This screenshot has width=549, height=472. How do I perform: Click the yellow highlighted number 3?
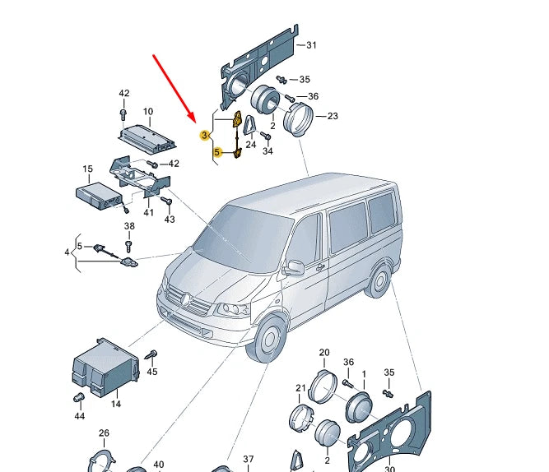205,133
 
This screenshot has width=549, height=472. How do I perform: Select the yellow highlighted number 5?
217,152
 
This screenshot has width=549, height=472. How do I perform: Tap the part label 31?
311,45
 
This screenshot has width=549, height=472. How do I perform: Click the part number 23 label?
333,116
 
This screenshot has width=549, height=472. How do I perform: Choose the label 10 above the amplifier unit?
148,111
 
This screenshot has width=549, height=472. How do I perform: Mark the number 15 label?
87,169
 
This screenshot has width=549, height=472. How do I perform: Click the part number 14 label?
115,404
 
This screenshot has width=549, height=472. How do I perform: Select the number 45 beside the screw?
151,373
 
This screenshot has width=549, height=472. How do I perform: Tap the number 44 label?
79,417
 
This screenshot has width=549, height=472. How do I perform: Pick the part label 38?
128,226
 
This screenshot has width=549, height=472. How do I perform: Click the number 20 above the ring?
323,352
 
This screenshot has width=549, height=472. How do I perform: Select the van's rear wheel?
379,282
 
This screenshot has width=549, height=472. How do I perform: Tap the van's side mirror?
292,267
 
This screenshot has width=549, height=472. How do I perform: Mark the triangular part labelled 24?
249,127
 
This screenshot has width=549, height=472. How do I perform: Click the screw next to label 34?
266,137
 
